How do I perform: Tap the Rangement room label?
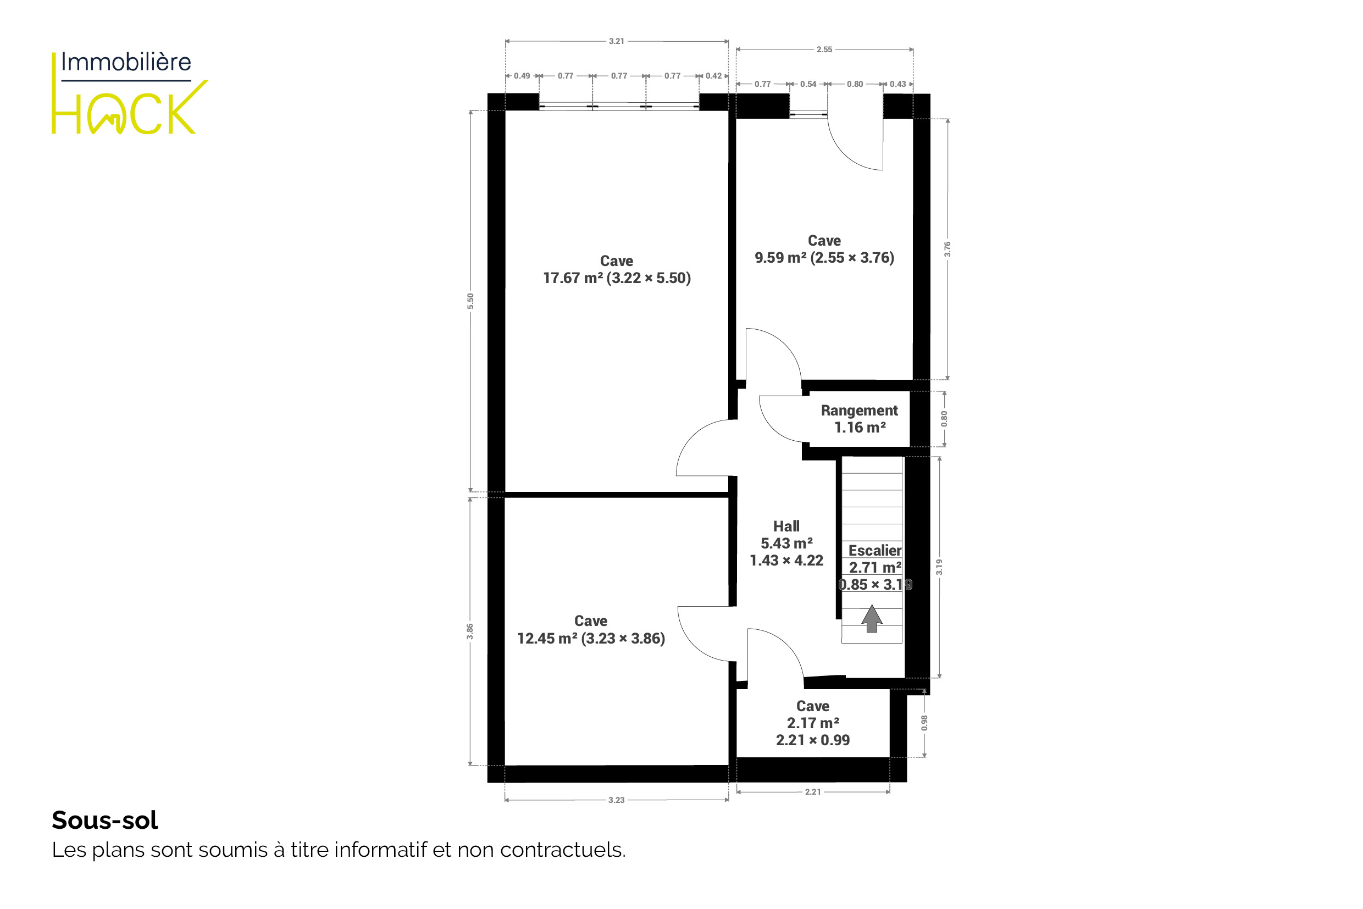pyautogui.click(x=859, y=411)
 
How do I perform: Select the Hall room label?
pyautogui.click(x=786, y=526)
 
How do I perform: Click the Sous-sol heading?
pyautogui.click(x=105, y=821)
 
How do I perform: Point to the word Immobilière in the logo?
pyautogui.click(x=126, y=62)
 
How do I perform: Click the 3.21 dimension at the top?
pyautogui.click(x=616, y=41)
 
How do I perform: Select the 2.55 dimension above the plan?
pyautogui.click(x=824, y=49)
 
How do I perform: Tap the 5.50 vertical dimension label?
pyautogui.click(x=471, y=301)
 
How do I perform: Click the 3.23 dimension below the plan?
pyautogui.click(x=616, y=800)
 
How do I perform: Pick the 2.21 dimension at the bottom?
pyautogui.click(x=813, y=792)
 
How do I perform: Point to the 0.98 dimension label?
pyautogui.click(x=925, y=722)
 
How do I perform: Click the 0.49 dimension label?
pyautogui.click(x=522, y=76)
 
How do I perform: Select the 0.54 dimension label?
pyautogui.click(x=808, y=84)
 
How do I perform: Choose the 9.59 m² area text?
pyautogui.click(x=780, y=258)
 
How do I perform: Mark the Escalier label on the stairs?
pyautogui.click(x=875, y=551)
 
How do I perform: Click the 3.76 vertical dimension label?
pyautogui.click(x=948, y=250)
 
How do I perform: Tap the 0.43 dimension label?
pyautogui.click(x=897, y=84)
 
